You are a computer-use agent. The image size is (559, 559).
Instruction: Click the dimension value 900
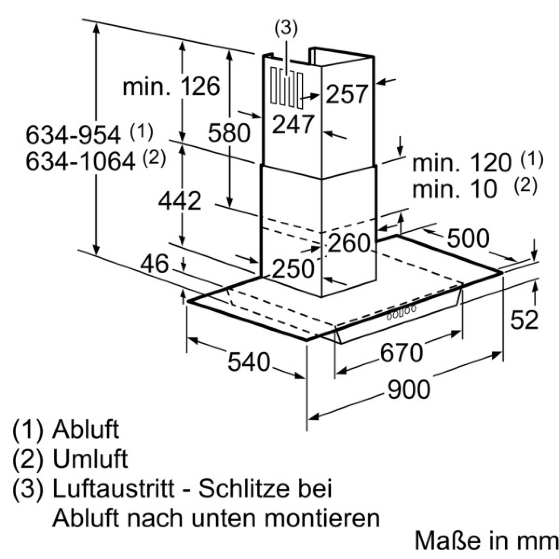pos(409,389)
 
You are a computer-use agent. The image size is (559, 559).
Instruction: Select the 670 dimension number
pos(402,353)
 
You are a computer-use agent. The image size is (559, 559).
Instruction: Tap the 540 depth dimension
pos(249,362)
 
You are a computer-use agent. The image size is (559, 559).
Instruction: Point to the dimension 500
pos(468,238)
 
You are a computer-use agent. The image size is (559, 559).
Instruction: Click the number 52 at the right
pos(524,320)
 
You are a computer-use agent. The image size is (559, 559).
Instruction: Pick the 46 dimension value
pos(154,264)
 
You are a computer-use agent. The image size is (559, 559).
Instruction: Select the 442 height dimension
pos(179,201)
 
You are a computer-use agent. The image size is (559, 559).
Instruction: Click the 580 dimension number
pos(229,132)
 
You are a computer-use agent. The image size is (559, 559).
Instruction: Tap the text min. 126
pos(171,87)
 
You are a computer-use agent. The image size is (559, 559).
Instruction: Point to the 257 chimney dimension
pos(347,94)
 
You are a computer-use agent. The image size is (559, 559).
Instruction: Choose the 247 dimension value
pos(293,124)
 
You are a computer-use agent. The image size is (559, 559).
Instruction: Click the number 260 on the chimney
pos(349,243)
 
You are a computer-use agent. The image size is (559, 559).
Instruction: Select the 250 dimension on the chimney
pos(293,268)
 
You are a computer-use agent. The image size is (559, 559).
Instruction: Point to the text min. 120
pos(462,163)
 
